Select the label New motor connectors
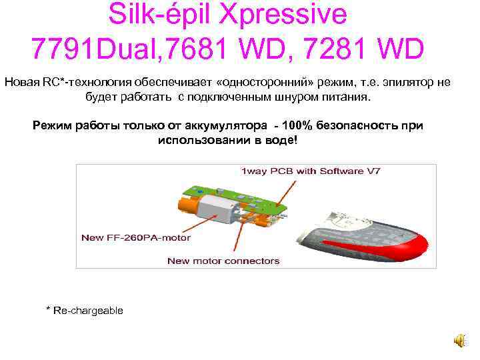pyautogui.click(x=223, y=261)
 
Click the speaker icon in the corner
pyautogui.click(x=460, y=341)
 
